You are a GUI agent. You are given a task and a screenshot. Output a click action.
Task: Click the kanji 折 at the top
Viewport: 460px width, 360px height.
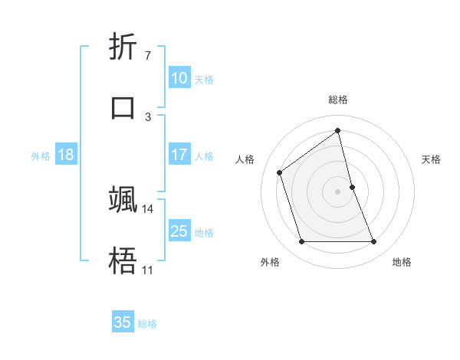pos(123,49)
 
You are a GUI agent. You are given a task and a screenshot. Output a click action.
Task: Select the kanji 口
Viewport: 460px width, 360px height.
pos(123,106)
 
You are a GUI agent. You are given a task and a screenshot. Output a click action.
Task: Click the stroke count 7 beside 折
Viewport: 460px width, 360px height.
pos(147,55)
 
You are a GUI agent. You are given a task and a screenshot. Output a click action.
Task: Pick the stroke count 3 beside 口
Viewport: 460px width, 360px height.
pos(147,116)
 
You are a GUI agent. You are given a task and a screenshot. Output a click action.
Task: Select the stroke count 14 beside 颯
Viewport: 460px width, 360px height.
pos(148,208)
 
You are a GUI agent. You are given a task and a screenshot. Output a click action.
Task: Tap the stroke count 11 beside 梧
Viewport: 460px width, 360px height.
pos(147,270)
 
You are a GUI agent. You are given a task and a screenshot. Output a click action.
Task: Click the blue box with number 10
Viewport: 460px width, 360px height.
pos(179,77)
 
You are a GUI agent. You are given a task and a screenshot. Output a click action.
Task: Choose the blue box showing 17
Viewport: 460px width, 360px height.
pos(179,155)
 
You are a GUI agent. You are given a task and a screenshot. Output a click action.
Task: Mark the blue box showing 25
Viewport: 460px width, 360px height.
pos(179,231)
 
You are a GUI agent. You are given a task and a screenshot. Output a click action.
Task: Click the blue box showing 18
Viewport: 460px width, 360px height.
pos(66,155)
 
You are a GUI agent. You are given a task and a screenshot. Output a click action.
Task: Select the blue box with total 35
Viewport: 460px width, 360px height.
pos(123,322)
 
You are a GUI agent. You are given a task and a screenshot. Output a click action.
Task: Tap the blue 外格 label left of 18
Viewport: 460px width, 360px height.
pos(41,156)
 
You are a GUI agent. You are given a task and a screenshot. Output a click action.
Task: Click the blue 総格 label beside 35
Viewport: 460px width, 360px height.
pos(147,324)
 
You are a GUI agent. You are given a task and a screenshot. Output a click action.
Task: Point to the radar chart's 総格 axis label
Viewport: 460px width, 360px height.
pos(338,100)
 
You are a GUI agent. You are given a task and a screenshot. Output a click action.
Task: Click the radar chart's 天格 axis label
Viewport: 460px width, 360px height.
pos(432,159)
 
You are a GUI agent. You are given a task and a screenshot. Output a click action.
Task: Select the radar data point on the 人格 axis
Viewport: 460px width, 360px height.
pos(280,172)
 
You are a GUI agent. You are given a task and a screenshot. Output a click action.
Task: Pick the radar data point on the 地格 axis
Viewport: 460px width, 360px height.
pos(374,242)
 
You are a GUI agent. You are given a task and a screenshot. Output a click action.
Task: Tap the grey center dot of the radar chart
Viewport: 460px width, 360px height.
pos(338,191)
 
